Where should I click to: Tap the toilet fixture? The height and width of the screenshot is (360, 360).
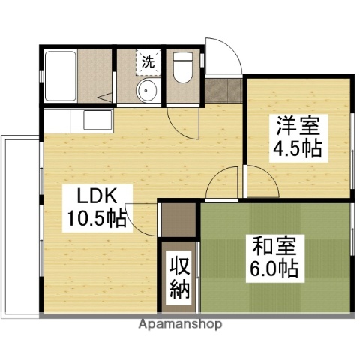point(182,68)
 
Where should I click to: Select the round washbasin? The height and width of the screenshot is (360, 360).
point(146,92)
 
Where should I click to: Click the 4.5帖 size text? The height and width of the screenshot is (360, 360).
point(298,148)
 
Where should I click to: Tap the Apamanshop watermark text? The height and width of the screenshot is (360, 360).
point(180,325)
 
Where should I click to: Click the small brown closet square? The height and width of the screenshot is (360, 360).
point(178,218)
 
